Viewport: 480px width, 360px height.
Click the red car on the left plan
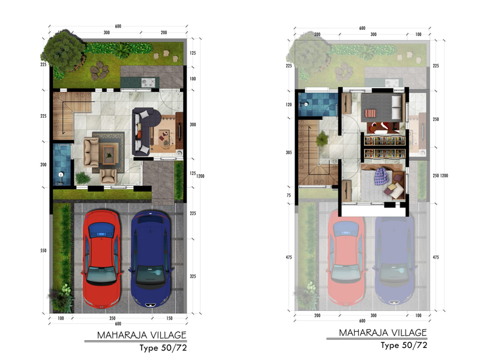[101, 259]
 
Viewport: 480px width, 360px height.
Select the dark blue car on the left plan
[151, 259]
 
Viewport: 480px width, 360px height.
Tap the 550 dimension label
[43, 251]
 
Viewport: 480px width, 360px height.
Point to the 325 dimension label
[193, 277]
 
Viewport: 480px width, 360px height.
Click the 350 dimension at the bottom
[112, 319]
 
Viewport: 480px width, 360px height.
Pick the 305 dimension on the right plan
[289, 152]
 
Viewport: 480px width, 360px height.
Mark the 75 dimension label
[289, 196]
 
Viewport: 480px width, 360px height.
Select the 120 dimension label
[289, 104]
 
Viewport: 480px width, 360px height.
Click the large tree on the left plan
[64, 52]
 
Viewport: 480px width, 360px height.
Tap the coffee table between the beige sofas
[109, 155]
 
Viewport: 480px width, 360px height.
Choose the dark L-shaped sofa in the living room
[145, 131]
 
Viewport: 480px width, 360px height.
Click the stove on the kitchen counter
[148, 82]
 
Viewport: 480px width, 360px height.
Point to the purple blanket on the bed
[381, 176]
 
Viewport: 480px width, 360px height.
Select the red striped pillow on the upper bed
[370, 113]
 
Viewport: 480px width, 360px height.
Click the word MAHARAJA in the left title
[121, 335]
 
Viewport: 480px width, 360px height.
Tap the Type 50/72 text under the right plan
[404, 346]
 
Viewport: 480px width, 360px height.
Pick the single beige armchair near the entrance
[109, 176]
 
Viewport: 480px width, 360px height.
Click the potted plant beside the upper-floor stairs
[322, 139]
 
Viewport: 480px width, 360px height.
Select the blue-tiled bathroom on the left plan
[62, 164]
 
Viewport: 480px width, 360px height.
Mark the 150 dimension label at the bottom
[169, 319]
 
